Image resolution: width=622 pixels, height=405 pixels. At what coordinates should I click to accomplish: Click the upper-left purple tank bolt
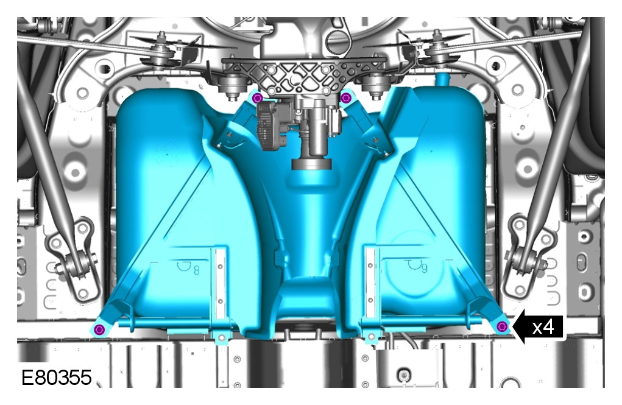258,97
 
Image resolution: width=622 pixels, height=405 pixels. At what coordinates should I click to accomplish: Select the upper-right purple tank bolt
346,97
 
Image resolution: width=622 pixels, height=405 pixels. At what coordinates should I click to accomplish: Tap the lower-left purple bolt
99,329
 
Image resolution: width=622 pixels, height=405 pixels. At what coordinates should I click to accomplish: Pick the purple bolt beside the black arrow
502,326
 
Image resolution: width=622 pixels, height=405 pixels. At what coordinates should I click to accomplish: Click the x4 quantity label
543,327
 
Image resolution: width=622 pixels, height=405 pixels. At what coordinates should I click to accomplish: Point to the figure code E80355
56,377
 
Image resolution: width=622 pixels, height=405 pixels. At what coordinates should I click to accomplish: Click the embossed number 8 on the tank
196,270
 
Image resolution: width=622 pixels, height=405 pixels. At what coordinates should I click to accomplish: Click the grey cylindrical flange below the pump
312,163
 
